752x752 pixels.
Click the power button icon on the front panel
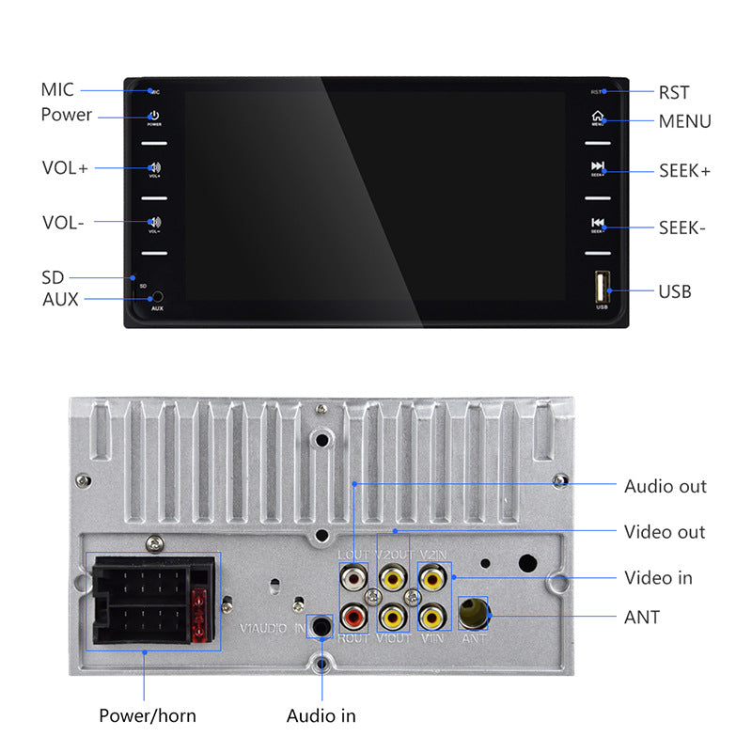pyautogui.click(x=154, y=116)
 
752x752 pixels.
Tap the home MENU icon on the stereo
pyautogui.click(x=597, y=117)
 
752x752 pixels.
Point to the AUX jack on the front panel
pyautogui.click(x=157, y=297)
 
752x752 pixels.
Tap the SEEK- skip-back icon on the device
pyautogui.click(x=597, y=224)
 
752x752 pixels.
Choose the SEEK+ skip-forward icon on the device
pyautogui.click(x=597, y=167)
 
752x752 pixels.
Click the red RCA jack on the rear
pyautogui.click(x=353, y=617)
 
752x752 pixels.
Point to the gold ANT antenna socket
pyautogui.click(x=473, y=615)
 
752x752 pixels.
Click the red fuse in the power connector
pyautogui.click(x=199, y=616)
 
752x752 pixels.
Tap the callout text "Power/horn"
pyautogui.click(x=148, y=715)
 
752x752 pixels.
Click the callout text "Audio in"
pyautogui.click(x=321, y=715)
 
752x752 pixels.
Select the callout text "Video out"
pyautogui.click(x=665, y=532)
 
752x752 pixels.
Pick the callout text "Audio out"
pyautogui.click(x=665, y=486)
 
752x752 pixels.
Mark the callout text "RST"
pyautogui.click(x=673, y=92)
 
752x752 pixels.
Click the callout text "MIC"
pyautogui.click(x=56, y=90)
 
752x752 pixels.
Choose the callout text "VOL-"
pyautogui.click(x=63, y=223)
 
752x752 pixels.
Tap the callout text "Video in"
pyautogui.click(x=658, y=577)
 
